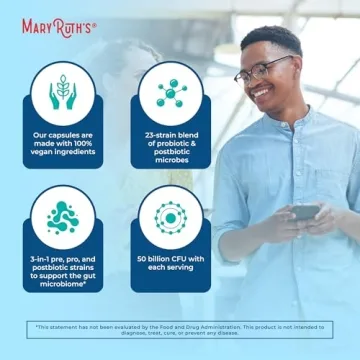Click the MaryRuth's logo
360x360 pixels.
pyautogui.click(x=59, y=26)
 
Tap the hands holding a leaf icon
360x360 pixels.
pyautogui.click(x=64, y=93)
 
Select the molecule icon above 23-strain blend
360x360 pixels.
pyautogui.click(x=170, y=93)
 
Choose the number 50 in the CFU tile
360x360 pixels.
pyautogui.click(x=142, y=258)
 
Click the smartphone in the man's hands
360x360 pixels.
pyautogui.click(x=304, y=212)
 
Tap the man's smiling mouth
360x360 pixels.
pyautogui.click(x=265, y=101)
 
